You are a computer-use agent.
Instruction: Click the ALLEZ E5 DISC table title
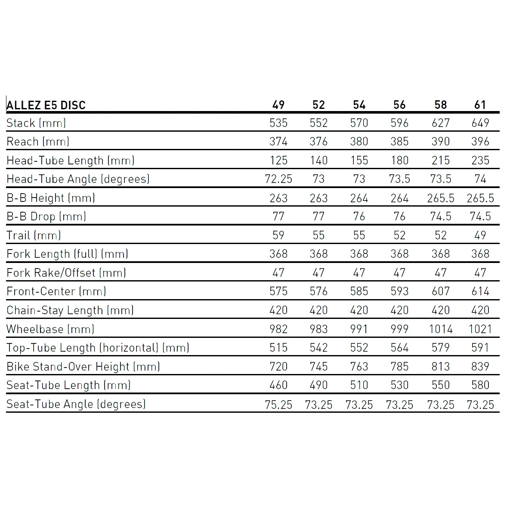46,105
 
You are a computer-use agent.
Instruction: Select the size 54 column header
359,105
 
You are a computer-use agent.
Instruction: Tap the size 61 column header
480,105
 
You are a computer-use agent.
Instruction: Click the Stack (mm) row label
36,123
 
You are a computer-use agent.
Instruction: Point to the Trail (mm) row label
34,235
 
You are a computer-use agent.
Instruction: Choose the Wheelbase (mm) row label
50,329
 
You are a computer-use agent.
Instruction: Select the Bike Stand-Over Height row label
83,367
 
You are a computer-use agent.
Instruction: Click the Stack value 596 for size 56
399,123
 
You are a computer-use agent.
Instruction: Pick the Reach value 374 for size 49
278,142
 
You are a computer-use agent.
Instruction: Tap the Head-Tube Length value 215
440,161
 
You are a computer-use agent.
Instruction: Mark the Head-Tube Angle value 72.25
278,179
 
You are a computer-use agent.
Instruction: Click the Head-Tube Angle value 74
480,179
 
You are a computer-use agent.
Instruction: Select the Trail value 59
278,235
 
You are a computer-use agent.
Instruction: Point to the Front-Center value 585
359,291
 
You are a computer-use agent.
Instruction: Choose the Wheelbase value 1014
440,329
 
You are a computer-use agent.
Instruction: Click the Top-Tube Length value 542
318,348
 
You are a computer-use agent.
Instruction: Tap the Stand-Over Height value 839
480,367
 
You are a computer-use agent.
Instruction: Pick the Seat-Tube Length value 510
359,385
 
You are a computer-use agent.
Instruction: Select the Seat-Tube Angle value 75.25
278,405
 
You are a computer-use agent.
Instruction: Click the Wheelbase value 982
278,329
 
